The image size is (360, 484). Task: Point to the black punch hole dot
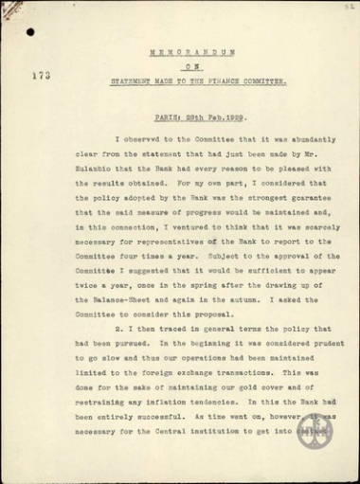29,32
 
